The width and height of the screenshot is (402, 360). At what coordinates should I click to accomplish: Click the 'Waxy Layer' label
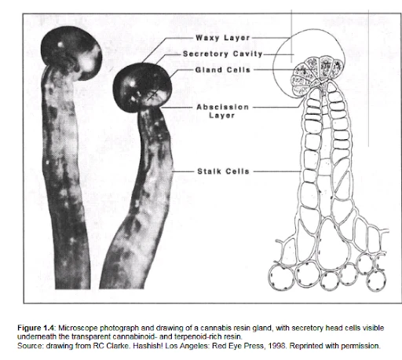pos(223,38)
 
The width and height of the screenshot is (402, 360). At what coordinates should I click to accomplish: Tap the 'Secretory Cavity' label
pos(223,54)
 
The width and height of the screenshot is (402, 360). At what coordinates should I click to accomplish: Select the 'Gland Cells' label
pos(223,70)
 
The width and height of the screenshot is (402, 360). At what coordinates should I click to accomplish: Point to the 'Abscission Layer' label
pos(222,111)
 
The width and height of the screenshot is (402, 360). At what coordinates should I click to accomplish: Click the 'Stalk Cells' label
pos(223,171)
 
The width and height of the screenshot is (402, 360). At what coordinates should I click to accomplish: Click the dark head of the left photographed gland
pos(71,53)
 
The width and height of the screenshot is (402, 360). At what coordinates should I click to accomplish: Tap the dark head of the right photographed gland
pos(142,87)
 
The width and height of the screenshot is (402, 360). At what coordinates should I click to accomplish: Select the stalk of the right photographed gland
pos(141,199)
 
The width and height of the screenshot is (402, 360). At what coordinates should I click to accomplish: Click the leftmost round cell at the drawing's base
pos(280,277)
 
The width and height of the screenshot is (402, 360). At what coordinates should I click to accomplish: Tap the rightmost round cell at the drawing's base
pos(376,281)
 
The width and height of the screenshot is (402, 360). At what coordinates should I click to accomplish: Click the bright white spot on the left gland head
pos(60,45)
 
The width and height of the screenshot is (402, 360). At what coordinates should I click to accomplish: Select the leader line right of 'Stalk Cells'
pos(277,171)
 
